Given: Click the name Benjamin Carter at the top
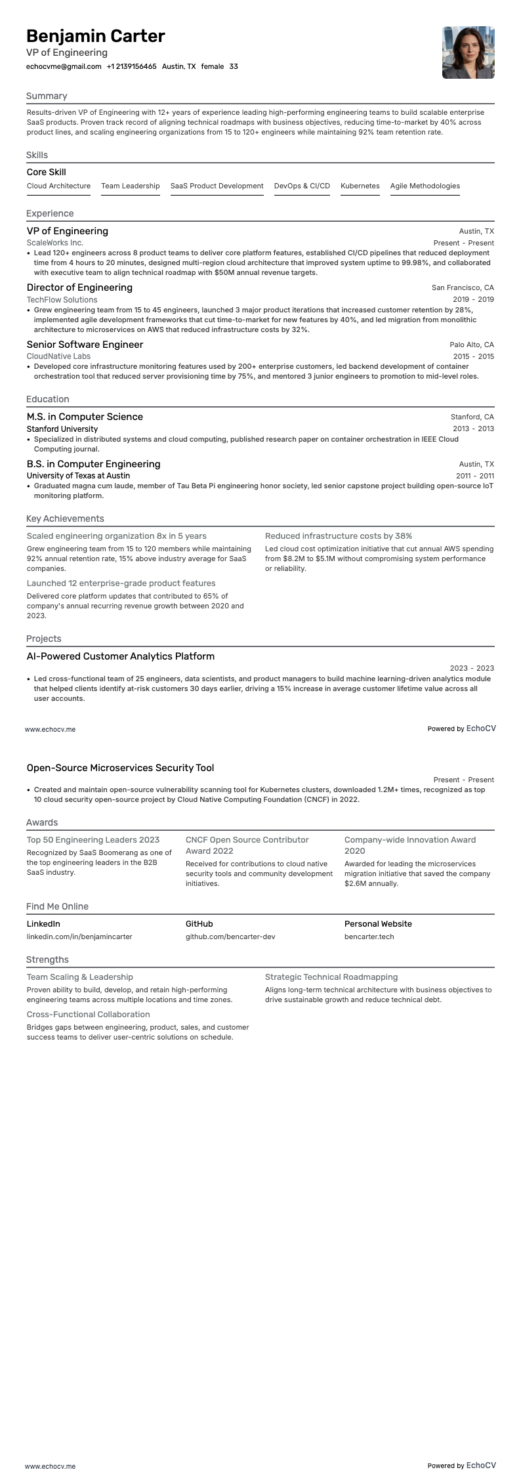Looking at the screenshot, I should pyautogui.click(x=96, y=36).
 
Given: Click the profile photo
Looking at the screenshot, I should pyautogui.click(x=468, y=53).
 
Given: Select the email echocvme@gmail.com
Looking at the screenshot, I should pyautogui.click(x=64, y=66).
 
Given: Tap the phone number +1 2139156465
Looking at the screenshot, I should pyautogui.click(x=131, y=66).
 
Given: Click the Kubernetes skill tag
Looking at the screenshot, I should pyautogui.click(x=360, y=186).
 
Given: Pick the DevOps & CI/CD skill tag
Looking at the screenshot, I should pyautogui.click(x=302, y=186).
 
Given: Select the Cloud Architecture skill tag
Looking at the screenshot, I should pyautogui.click(x=58, y=186).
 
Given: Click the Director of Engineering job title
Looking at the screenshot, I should pyautogui.click(x=79, y=287).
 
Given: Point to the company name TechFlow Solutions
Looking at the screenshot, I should pyautogui.click(x=62, y=299).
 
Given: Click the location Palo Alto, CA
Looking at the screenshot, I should pyautogui.click(x=471, y=345).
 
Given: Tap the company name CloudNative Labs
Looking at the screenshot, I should pyautogui.click(x=58, y=356).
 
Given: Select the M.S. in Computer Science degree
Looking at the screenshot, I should pyautogui.click(x=85, y=417).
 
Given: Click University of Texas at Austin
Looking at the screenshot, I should pyautogui.click(x=78, y=475).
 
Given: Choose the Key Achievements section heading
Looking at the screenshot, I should pyautogui.click(x=65, y=518).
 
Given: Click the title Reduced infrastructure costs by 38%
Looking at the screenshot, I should pyautogui.click(x=339, y=536).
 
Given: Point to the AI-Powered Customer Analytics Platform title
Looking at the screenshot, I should pyautogui.click(x=121, y=656).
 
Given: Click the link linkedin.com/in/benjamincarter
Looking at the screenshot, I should pyautogui.click(x=79, y=937).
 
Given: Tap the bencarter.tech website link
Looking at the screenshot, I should pyautogui.click(x=369, y=937).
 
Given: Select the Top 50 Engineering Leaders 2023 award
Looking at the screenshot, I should pyautogui.click(x=93, y=839).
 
